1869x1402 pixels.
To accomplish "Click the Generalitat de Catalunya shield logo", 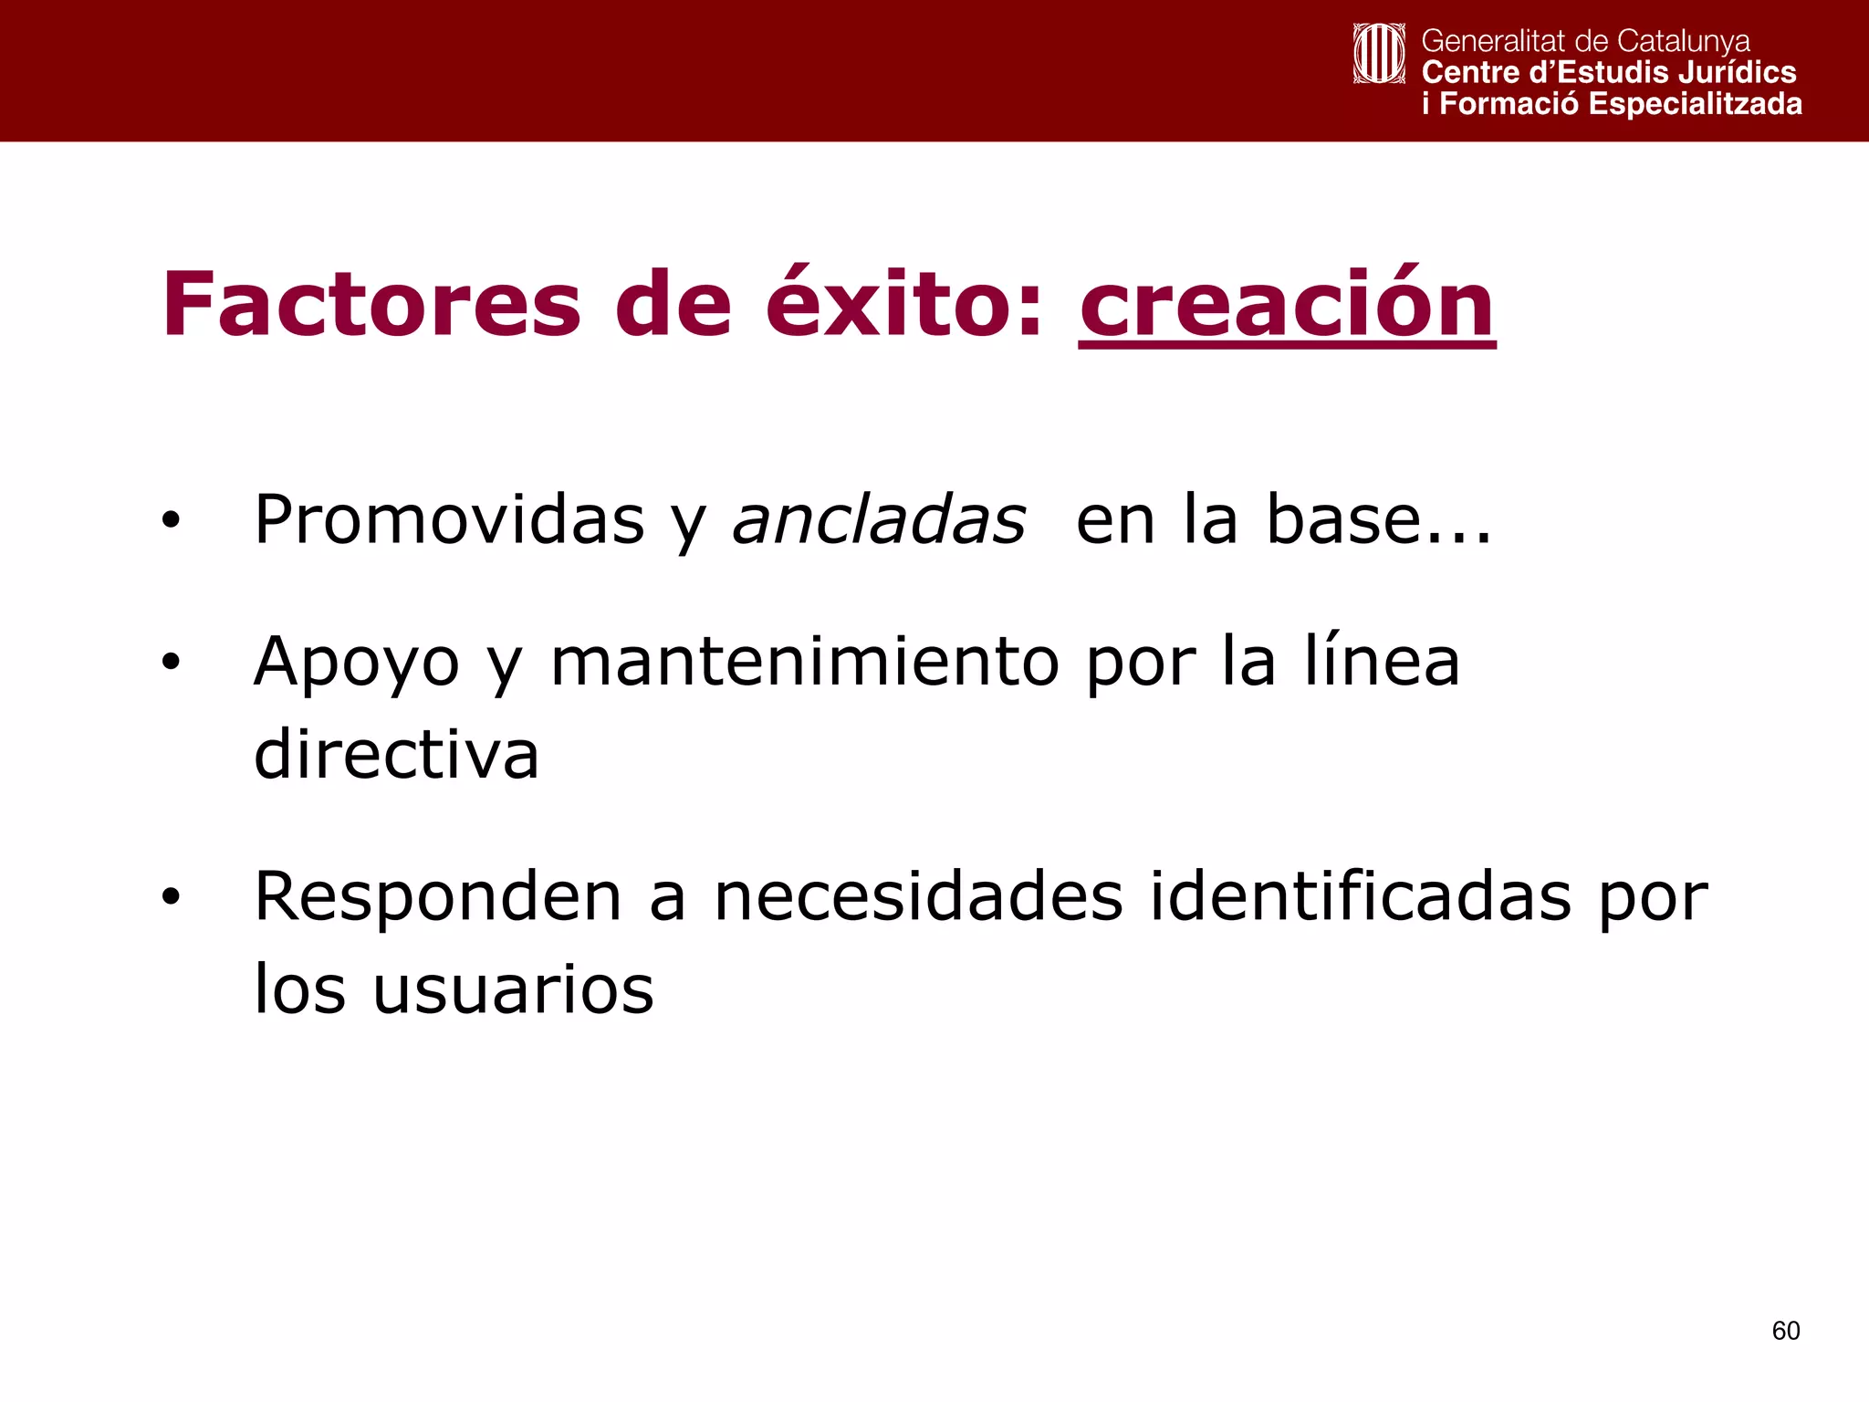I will tap(1379, 54).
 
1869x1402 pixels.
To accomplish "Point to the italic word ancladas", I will tap(879, 520).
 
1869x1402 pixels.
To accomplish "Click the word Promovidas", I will tap(449, 520).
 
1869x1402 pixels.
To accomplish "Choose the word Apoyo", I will tap(357, 662).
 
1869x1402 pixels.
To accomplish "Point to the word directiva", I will tap(396, 755).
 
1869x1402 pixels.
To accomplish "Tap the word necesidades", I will tap(918, 897).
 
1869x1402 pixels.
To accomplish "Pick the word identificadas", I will tap(1360, 897).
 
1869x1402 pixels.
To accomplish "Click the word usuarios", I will tap(513, 990).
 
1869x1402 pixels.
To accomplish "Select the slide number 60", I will tap(1786, 1331).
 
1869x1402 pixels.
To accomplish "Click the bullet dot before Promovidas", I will tap(171, 521).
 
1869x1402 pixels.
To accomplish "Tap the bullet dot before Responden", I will tap(171, 898).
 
